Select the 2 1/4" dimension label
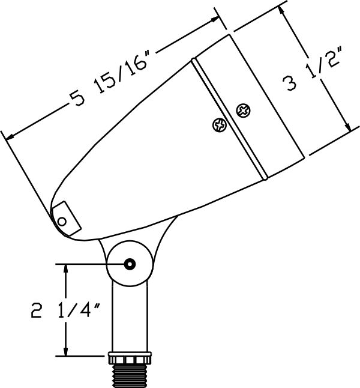pyautogui.click(x=65, y=311)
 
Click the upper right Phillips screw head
pyautogui.click(x=244, y=111)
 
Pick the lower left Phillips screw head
pyautogui.click(x=220, y=125)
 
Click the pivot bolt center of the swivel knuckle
pyautogui.click(x=130, y=264)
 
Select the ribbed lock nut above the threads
pyautogui.click(x=130, y=357)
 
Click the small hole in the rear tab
pyautogui.click(x=62, y=221)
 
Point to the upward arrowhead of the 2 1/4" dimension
pyautogui.click(x=65, y=269)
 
